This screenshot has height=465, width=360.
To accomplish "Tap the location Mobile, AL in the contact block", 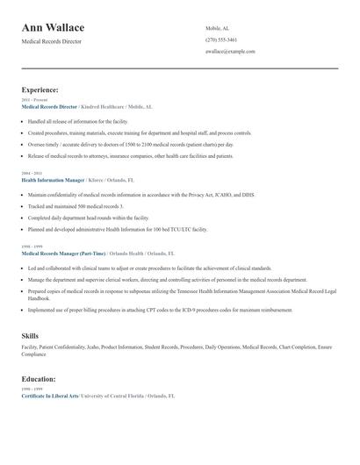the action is click(220, 28).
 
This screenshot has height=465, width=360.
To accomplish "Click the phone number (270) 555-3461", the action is click(221, 39).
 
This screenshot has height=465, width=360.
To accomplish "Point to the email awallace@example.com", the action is click(230, 52).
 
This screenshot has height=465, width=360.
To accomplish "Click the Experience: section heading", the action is click(40, 89).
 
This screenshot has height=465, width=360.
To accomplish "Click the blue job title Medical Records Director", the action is click(50, 106).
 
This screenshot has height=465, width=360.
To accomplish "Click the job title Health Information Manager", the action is click(54, 180).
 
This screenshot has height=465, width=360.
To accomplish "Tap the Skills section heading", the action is click(30, 336).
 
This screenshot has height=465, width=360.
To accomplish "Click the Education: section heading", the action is click(40, 379).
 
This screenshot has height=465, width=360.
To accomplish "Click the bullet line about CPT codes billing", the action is click(160, 310).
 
